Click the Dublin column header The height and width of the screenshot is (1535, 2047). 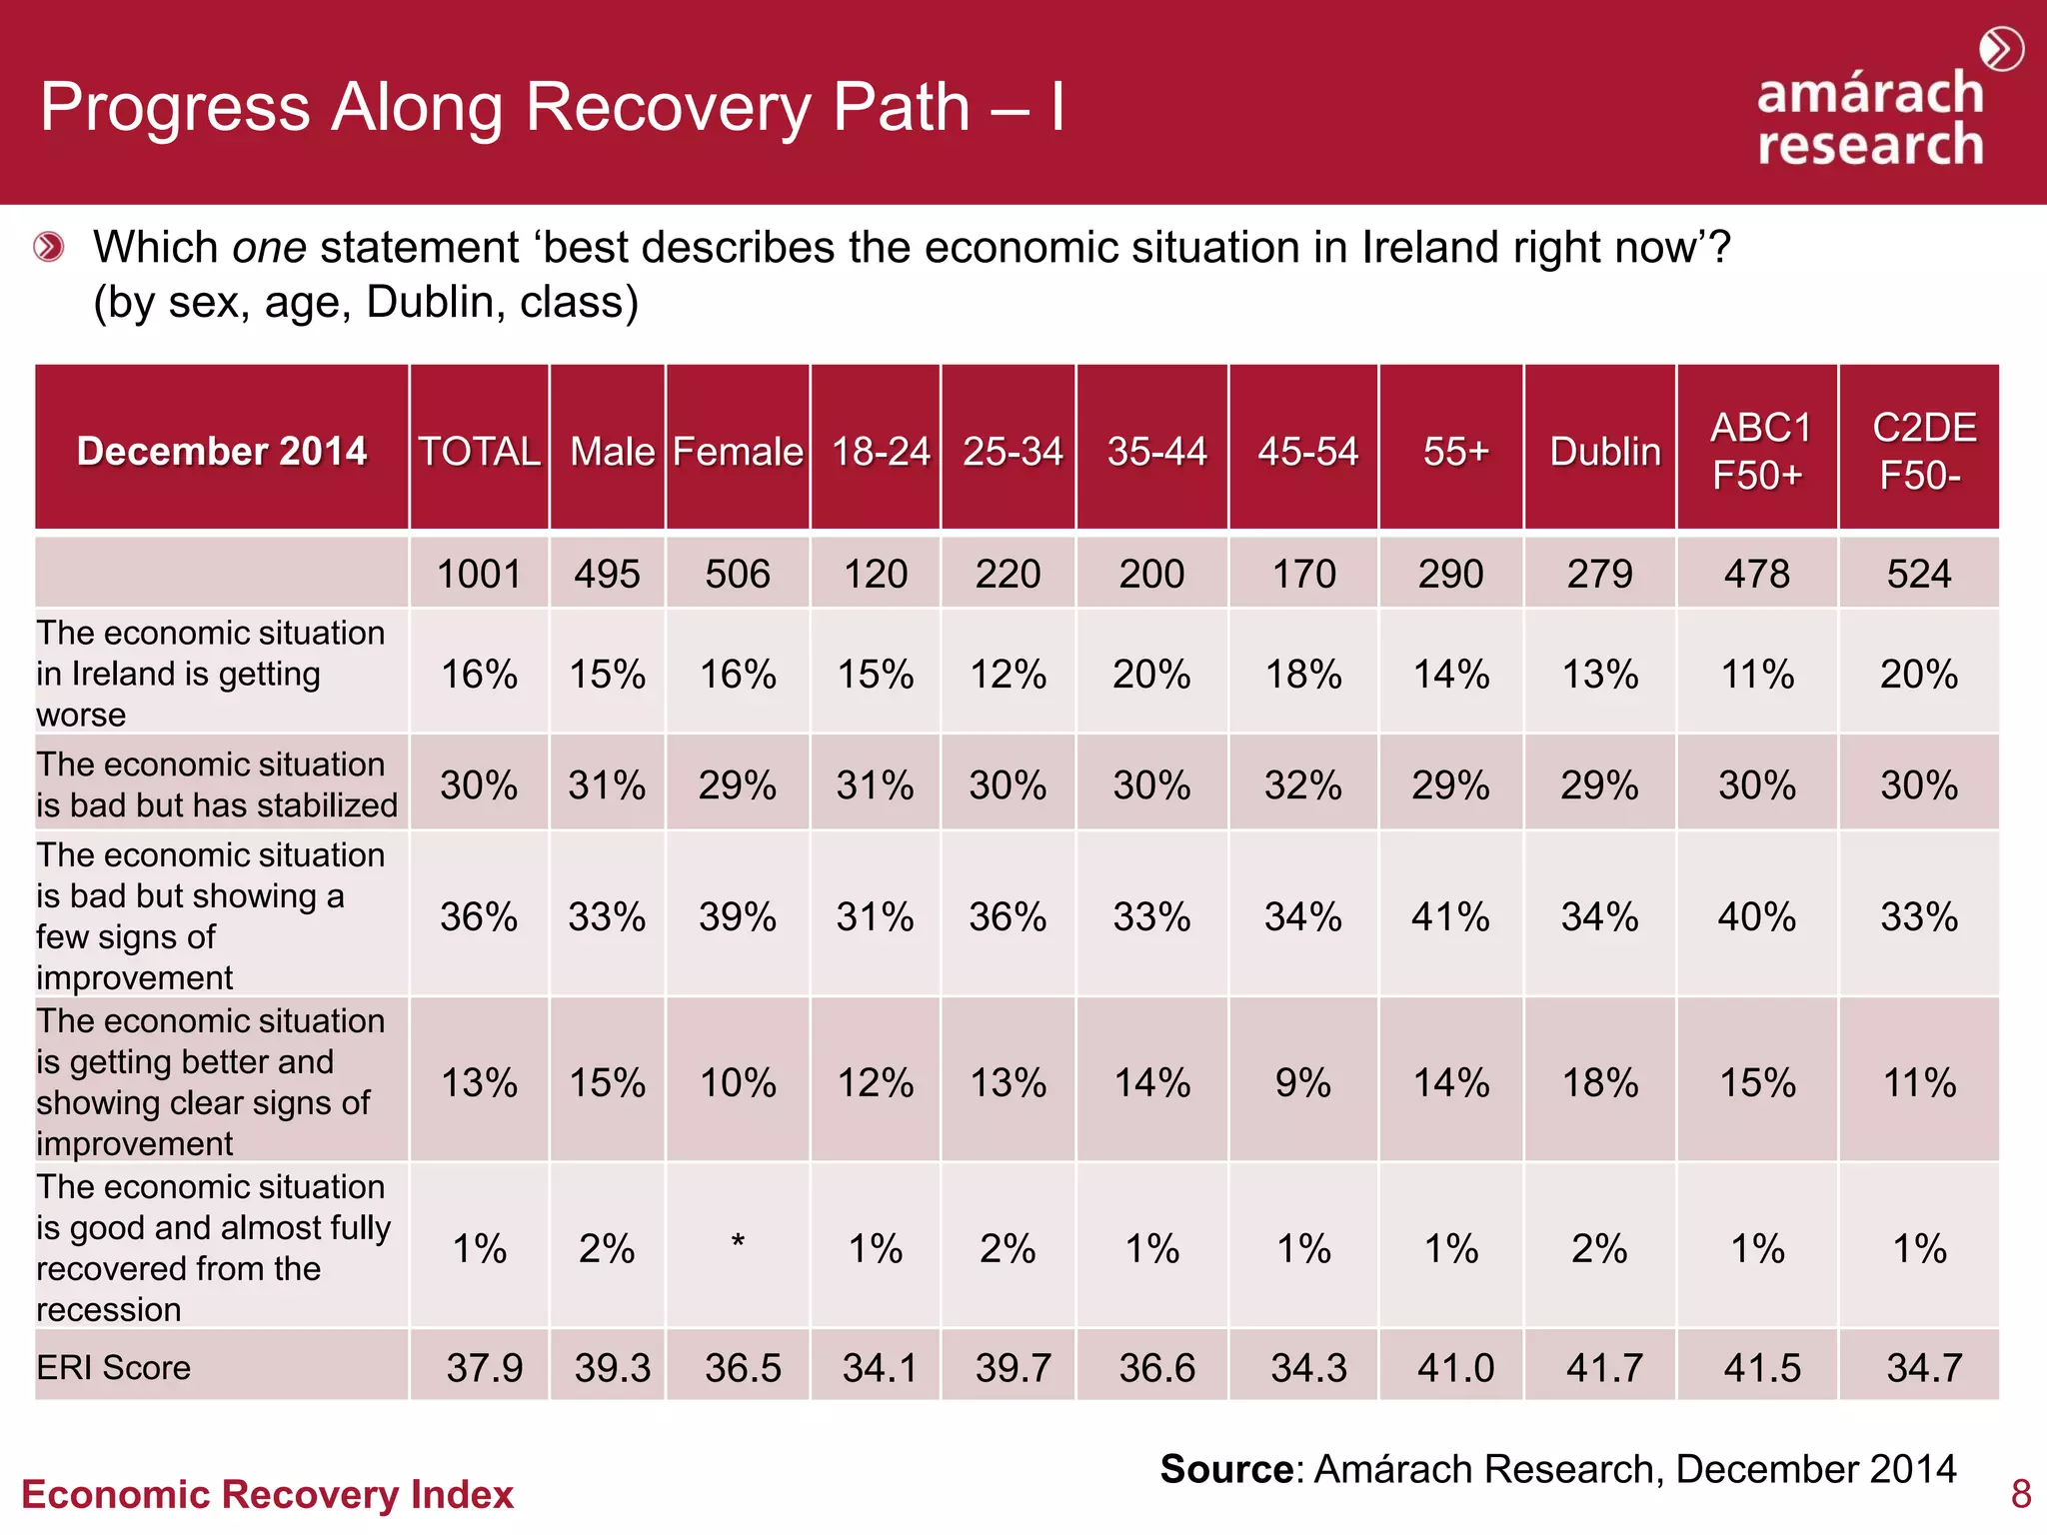click(1604, 452)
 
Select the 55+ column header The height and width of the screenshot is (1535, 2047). click(1455, 452)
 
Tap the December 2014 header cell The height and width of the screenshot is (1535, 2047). click(222, 451)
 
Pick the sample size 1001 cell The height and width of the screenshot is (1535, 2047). click(479, 575)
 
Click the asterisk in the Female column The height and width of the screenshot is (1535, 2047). click(738, 1243)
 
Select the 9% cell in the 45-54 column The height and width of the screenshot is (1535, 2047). click(1303, 1082)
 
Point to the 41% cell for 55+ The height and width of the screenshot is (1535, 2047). click(1451, 916)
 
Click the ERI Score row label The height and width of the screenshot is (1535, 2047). click(114, 1367)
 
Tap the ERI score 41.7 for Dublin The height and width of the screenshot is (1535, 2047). click(1603, 1367)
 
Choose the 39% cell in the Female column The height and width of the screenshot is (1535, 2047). click(738, 916)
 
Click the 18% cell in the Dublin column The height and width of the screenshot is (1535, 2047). click(1600, 1082)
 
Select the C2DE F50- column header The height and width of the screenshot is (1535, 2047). click(1922, 451)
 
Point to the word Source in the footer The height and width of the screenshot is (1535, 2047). click(1226, 1469)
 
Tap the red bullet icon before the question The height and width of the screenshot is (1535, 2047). click(49, 246)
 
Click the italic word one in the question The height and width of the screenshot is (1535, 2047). click(269, 247)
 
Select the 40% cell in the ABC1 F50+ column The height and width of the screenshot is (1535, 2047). click(1756, 916)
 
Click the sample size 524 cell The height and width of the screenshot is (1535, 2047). click(1918, 575)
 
